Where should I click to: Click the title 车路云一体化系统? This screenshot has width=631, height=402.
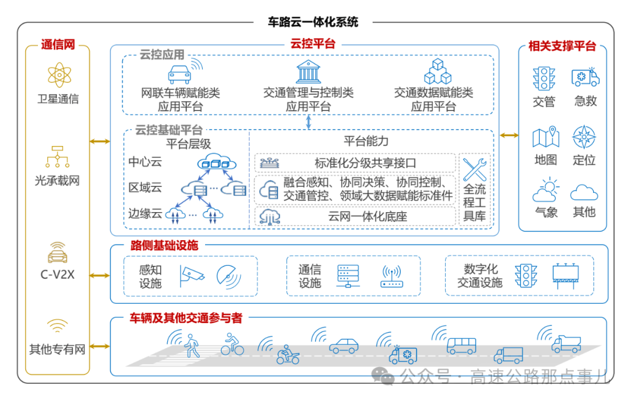tap(313, 23)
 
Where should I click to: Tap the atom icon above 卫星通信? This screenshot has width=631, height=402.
tap(58, 75)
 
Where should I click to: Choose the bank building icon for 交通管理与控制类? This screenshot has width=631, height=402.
tap(308, 71)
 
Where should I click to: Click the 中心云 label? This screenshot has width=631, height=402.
tap(145, 162)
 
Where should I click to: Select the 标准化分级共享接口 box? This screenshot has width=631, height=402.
tap(355, 163)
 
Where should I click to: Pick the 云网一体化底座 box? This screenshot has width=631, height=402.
tap(355, 216)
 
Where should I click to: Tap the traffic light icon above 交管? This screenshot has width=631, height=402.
tap(543, 78)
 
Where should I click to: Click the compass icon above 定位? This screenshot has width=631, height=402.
tap(584, 137)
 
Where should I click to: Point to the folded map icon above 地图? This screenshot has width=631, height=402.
tap(545, 137)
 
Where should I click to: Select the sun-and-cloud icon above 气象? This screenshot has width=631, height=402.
tap(545, 190)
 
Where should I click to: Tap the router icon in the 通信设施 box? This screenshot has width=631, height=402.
tap(391, 276)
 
